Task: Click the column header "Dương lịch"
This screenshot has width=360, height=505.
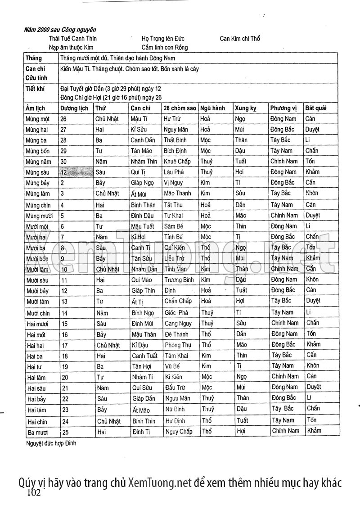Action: click(x=74, y=108)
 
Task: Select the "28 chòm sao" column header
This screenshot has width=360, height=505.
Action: click(x=180, y=108)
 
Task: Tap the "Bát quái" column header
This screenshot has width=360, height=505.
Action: click(x=315, y=108)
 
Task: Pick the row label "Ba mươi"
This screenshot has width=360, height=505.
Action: click(x=37, y=431)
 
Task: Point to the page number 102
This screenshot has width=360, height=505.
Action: click(x=34, y=492)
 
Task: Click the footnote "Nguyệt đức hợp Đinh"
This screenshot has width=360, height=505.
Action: click(x=51, y=443)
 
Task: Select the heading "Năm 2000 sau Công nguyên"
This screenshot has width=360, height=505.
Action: click(x=57, y=30)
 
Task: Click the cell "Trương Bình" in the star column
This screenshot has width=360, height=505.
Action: click(x=179, y=280)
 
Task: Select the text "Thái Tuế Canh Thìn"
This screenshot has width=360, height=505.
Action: click(x=73, y=39)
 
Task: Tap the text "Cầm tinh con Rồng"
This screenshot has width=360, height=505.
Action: click(x=165, y=47)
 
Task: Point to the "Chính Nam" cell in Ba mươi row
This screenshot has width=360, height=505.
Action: click(x=285, y=431)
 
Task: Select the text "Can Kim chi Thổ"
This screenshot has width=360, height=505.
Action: click(x=240, y=39)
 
